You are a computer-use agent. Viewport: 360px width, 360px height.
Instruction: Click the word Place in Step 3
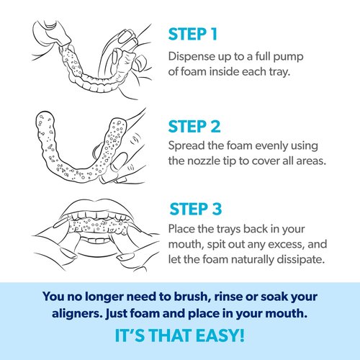tap(181, 229)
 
